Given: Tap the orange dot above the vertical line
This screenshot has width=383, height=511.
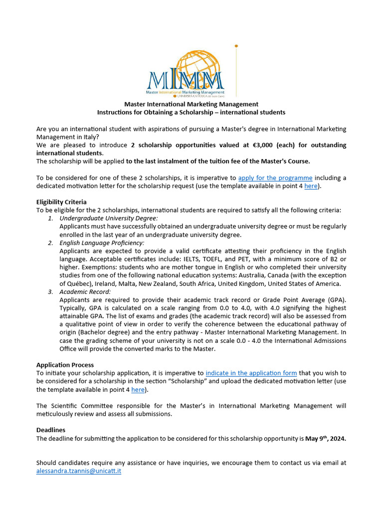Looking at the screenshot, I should pos(236,46).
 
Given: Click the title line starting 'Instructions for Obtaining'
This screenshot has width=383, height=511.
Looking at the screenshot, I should pos(191,113).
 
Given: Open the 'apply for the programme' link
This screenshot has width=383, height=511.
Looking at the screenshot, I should pos(275,178).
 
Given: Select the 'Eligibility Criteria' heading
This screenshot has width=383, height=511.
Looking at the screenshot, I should pos(61,202).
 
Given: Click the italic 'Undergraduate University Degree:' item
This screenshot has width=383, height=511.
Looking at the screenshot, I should pos(109,219).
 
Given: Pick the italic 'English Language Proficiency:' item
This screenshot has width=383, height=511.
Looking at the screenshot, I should pos(102,243).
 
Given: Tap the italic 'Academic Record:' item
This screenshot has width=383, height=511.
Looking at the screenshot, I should pos(85,292).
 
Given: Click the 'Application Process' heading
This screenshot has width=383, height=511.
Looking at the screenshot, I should pos(65,365).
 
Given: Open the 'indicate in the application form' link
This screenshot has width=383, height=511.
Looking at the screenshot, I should pos(251,373).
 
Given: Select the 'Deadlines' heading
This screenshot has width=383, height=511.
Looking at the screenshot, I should pos(51,430).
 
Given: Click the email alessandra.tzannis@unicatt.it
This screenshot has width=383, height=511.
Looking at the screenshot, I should pos(79,471).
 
